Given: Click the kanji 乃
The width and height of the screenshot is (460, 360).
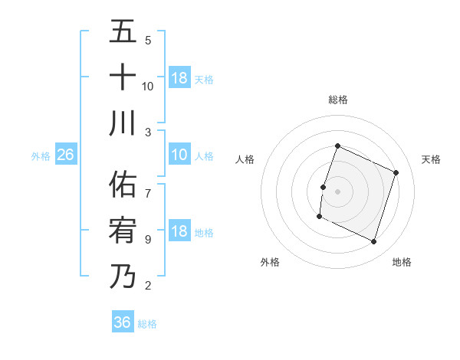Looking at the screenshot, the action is (x=123, y=277).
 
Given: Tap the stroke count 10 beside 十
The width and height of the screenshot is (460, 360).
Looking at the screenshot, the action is (x=148, y=86).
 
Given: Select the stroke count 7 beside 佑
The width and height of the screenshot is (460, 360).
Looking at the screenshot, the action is (x=148, y=185).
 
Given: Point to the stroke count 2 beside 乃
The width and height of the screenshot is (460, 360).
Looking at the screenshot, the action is (x=148, y=286).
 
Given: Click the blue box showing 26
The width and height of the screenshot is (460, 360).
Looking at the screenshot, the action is (x=66, y=155).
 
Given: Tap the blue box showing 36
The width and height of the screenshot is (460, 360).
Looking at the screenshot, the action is (x=123, y=322).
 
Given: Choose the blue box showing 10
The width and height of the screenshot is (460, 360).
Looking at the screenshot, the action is (x=179, y=155).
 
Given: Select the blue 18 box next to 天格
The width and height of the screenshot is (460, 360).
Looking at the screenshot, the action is (x=179, y=77).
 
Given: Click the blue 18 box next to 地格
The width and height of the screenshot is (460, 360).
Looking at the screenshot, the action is (x=179, y=232).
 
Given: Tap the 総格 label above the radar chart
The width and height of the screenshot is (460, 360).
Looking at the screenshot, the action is (x=337, y=100).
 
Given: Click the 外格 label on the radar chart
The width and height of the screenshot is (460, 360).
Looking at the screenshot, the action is (x=270, y=262).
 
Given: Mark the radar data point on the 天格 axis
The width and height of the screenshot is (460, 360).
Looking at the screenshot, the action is (x=396, y=173).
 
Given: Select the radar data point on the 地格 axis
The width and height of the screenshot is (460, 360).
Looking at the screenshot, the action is (x=374, y=242).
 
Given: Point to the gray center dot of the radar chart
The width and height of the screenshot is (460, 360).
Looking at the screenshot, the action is (x=337, y=191).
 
